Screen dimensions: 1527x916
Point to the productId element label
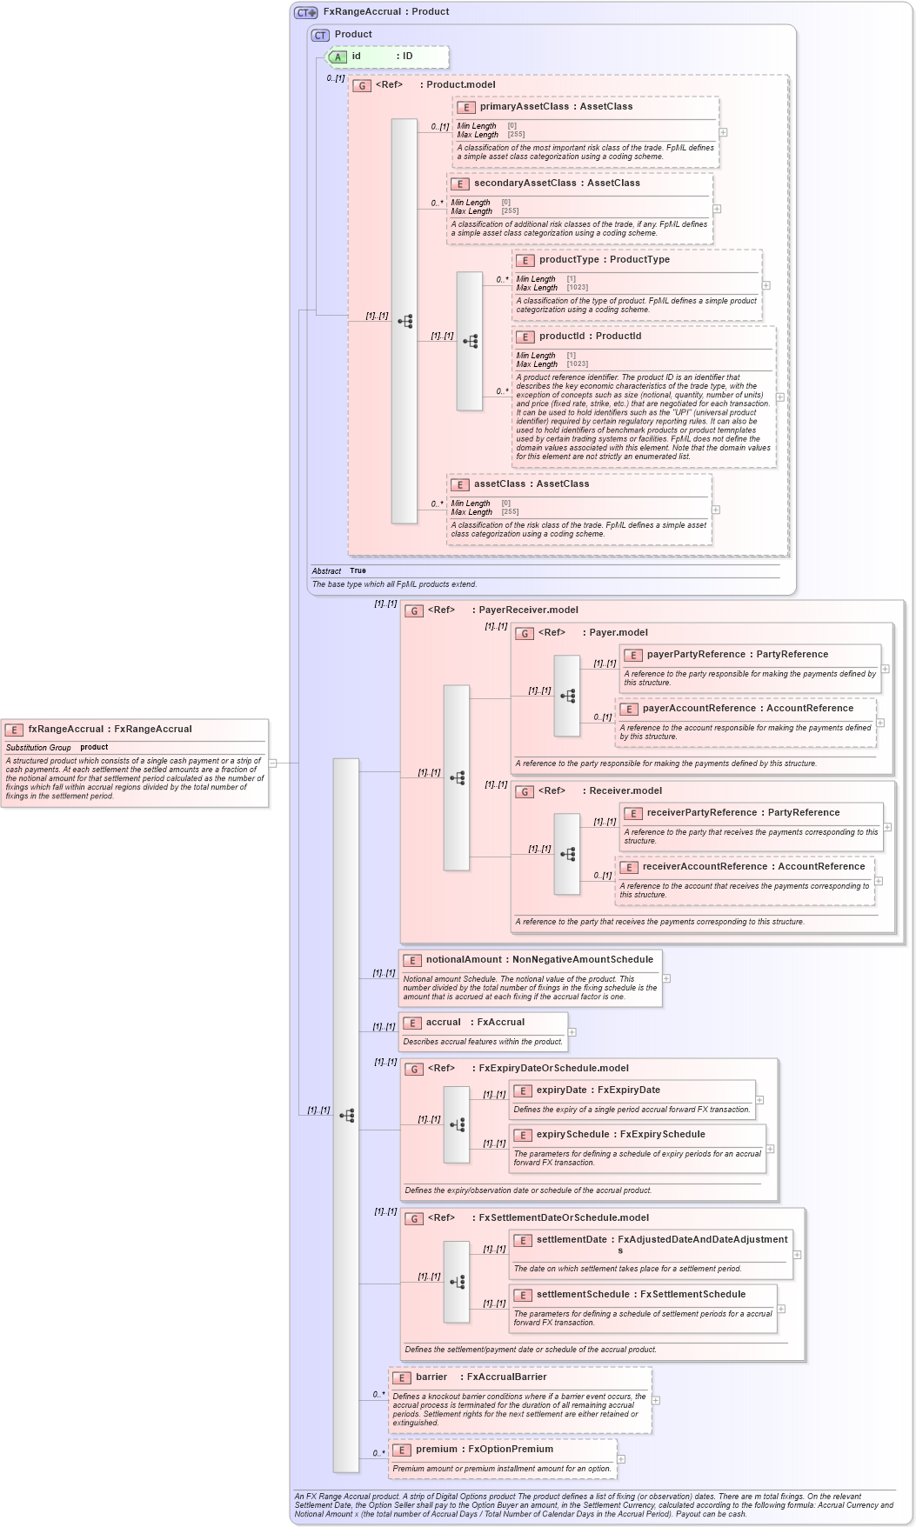(x=590, y=336)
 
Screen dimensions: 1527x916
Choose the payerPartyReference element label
(x=737, y=654)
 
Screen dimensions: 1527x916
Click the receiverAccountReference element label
(x=753, y=866)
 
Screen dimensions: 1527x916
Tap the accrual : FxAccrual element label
(x=475, y=1022)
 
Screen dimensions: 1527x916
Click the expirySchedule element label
(x=620, y=1134)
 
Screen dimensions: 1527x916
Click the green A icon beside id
(x=338, y=57)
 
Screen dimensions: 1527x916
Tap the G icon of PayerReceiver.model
(x=414, y=610)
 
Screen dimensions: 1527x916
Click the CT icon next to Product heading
(x=320, y=35)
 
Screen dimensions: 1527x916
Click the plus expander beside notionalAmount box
(x=666, y=978)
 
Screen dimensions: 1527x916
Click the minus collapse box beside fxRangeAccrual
(x=272, y=763)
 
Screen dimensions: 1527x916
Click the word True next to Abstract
(x=358, y=570)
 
